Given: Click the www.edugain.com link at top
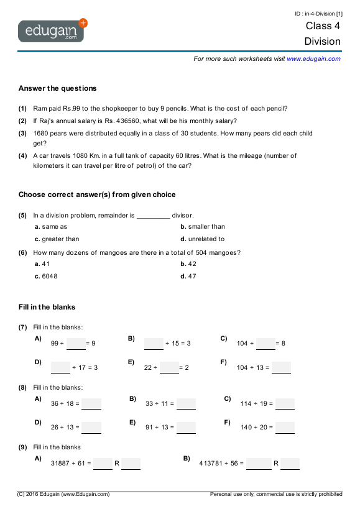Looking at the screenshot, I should click(x=313, y=58).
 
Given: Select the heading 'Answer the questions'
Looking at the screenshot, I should click(x=57, y=88).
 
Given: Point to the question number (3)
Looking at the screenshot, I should click(x=22, y=133).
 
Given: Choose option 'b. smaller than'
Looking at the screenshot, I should click(x=203, y=227).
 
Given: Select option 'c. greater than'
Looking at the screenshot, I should click(x=57, y=239).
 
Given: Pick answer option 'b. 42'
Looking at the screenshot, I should click(x=188, y=264).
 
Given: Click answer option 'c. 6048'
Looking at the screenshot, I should click(x=46, y=276).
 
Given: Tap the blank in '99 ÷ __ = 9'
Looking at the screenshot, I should click(x=76, y=344).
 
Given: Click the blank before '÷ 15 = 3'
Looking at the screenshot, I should click(x=154, y=344).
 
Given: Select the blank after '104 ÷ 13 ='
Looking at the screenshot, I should click(x=281, y=368).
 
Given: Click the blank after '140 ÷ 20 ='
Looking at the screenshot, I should click(x=285, y=428).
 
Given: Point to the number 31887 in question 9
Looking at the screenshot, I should click(x=61, y=463).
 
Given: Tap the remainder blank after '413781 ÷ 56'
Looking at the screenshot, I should click(x=290, y=464).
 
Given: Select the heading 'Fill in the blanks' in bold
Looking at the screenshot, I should click(x=47, y=307).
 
